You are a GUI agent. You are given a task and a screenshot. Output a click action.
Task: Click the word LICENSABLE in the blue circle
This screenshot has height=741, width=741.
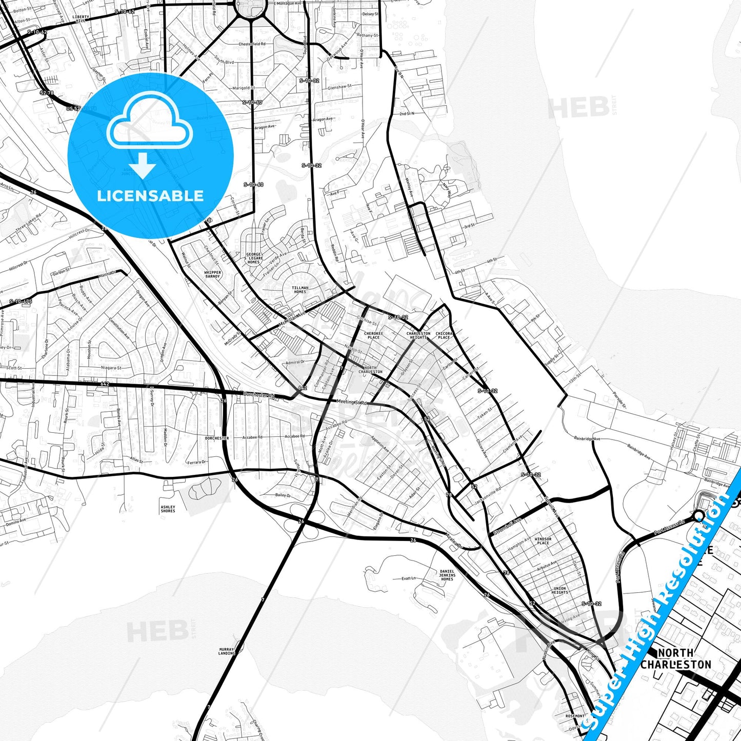(x=150, y=195)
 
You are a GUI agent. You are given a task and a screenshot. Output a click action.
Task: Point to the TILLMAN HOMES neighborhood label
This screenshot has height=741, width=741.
(x=300, y=290)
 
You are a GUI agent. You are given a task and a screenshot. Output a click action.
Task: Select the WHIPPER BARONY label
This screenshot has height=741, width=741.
(x=212, y=274)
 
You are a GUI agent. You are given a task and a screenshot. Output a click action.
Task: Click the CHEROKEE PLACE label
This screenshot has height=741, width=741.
(x=373, y=335)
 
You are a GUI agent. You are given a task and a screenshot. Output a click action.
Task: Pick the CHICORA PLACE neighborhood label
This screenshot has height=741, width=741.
(x=444, y=335)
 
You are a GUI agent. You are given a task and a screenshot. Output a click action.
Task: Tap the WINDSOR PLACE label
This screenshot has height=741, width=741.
(x=543, y=540)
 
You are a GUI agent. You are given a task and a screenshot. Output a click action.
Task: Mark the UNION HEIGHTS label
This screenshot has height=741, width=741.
(x=559, y=590)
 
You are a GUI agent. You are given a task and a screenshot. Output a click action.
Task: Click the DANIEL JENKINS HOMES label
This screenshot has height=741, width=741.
(x=447, y=575)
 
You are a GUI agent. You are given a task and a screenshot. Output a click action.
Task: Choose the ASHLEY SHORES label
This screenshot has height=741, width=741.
(x=168, y=509)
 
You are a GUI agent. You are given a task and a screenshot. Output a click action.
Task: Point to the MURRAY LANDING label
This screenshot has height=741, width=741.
(x=226, y=651)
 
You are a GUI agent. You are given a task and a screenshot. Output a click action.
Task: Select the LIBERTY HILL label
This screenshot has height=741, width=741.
(x=81, y=18)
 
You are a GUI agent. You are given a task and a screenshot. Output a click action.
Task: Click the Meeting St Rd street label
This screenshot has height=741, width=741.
(x=352, y=402)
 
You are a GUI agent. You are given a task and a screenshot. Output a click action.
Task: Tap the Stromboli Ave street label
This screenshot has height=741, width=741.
(x=507, y=527)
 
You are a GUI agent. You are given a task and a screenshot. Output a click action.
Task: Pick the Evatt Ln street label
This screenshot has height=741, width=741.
(x=409, y=578)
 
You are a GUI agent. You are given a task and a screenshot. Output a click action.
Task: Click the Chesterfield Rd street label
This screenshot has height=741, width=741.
(x=252, y=44)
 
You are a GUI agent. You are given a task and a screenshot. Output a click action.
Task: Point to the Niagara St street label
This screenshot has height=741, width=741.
(x=111, y=368)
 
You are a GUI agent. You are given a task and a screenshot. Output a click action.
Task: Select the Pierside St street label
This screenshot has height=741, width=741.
(x=619, y=400)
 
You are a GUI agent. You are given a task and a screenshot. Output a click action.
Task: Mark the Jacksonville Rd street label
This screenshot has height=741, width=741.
(x=488, y=495)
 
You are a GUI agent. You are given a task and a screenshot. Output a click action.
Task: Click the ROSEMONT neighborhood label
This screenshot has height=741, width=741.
(x=575, y=716)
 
